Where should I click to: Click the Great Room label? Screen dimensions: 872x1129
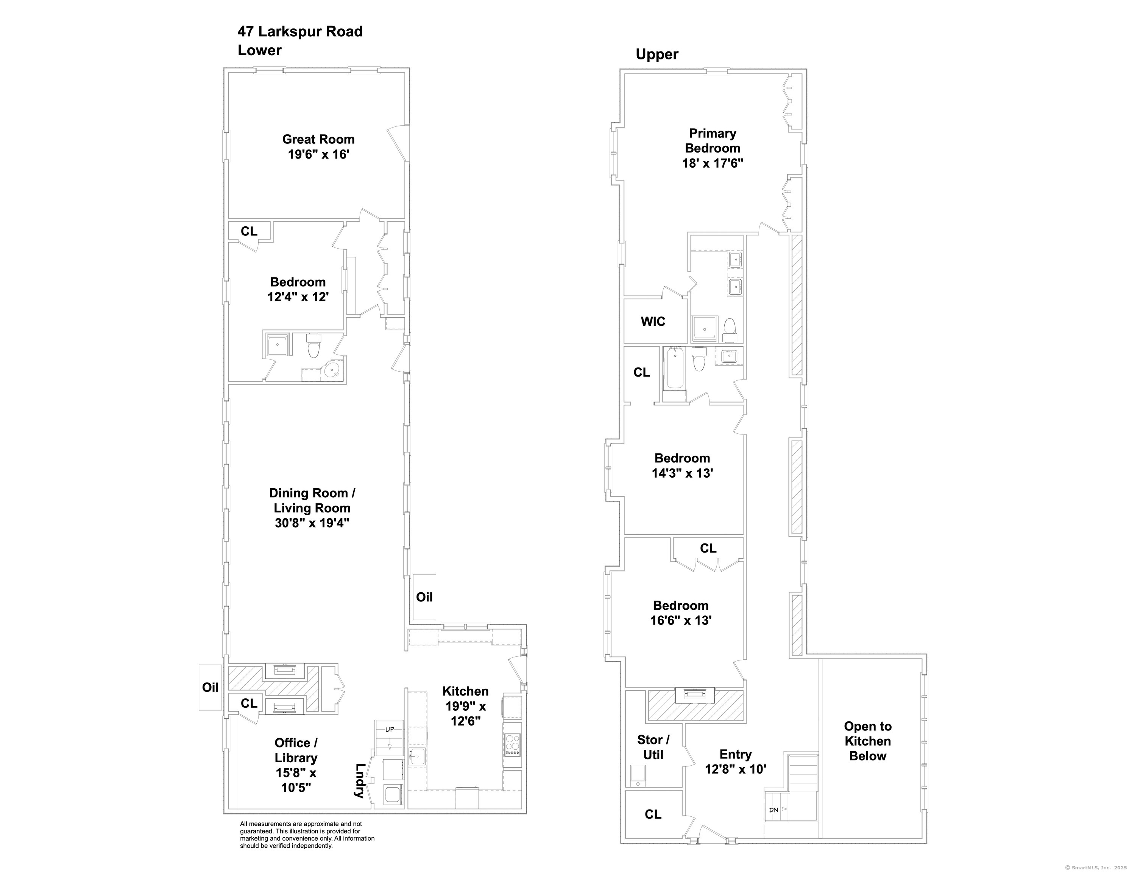pyautogui.click(x=318, y=140)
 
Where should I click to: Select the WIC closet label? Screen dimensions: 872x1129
pyautogui.click(x=653, y=321)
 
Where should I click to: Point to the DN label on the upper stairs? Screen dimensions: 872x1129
pyautogui.click(x=774, y=810)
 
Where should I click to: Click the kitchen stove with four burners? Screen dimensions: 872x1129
pyautogui.click(x=512, y=744)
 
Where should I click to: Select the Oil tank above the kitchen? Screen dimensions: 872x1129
pyautogui.click(x=424, y=597)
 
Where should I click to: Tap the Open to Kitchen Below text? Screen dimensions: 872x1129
pyautogui.click(x=867, y=741)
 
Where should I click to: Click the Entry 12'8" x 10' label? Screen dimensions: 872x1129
pyautogui.click(x=735, y=761)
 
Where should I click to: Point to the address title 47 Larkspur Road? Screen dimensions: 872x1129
pyautogui.click(x=300, y=31)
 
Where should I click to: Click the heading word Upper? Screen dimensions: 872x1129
pyautogui.click(x=657, y=54)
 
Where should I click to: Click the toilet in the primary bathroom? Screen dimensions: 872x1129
pyautogui.click(x=730, y=329)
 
